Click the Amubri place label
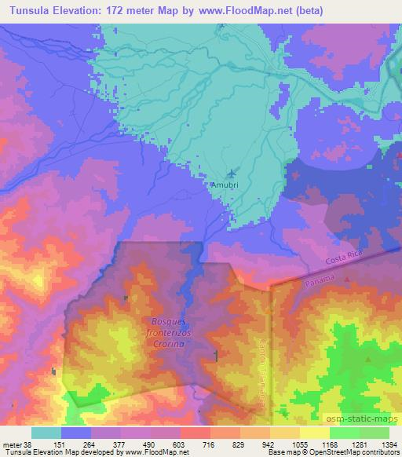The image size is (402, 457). point(221,185)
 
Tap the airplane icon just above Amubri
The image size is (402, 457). point(231,174)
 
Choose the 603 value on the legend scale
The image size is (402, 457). point(180,443)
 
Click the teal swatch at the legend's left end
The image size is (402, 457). point(46,433)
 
